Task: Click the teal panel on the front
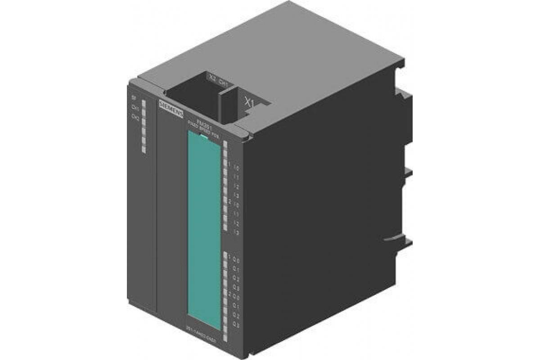204,225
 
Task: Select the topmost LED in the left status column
144,103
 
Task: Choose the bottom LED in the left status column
144,149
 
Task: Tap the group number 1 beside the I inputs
230,165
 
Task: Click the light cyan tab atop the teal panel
204,135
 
